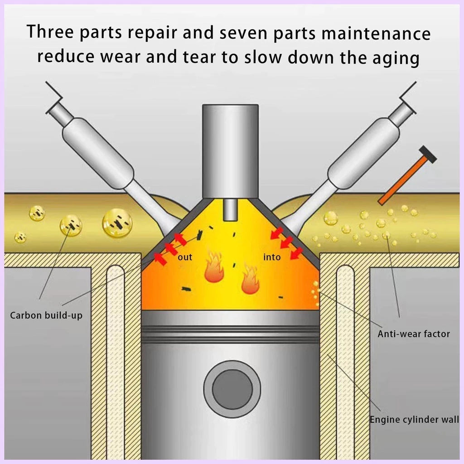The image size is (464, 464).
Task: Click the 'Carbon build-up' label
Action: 46,315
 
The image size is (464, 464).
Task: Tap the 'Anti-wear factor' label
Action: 413,334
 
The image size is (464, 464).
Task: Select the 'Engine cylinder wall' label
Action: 414,420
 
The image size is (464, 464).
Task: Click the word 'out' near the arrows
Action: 185,257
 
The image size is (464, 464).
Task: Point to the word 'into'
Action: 272,257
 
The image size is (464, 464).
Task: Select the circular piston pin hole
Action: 232,389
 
